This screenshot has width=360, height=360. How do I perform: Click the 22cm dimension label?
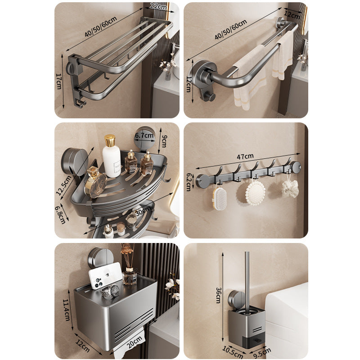click(156, 6)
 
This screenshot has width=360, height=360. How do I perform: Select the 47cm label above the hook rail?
click(246, 157)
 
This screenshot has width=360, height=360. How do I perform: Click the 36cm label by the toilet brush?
click(218, 297)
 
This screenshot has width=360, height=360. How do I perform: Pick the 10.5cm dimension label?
click(229, 350)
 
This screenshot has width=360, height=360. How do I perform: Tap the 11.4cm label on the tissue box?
click(66, 309)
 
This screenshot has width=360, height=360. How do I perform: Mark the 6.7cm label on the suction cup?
click(145, 135)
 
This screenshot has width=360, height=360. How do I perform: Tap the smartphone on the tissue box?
click(105, 275)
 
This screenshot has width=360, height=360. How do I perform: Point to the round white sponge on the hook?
click(255, 192)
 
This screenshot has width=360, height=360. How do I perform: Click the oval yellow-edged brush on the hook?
click(219, 198)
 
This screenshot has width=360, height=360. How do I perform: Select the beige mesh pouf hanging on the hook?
click(290, 189)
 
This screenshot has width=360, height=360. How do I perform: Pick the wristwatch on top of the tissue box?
click(110, 292)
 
